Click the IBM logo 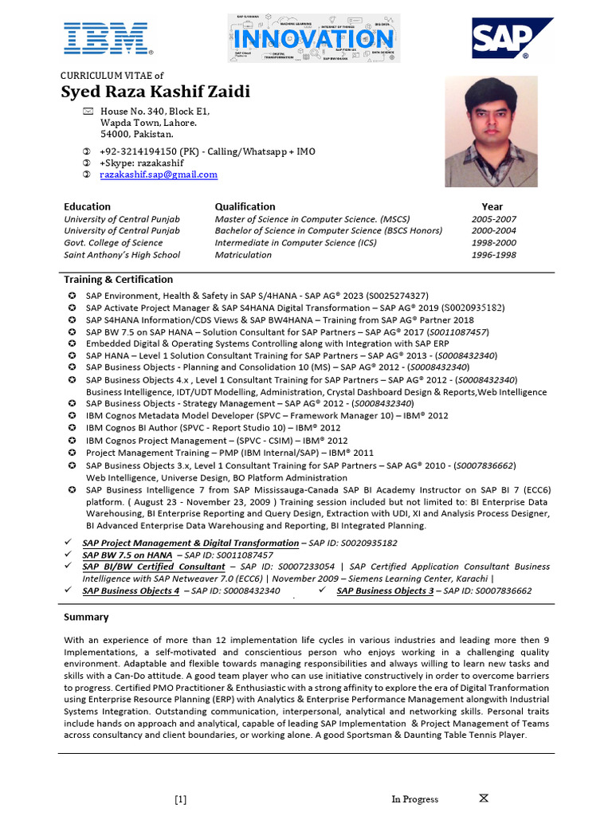pos(108,39)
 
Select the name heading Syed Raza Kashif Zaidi pos(155,92)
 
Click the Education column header pos(87,206)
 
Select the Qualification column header pos(245,206)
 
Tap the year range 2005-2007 pos(493,219)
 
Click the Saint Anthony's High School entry pos(122,255)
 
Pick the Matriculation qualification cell pos(243,255)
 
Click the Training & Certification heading pos(118,280)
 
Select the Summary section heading pos(86,617)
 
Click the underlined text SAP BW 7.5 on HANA pos(127,555)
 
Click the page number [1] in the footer pos(181,799)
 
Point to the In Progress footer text pos(414,799)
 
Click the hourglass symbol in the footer pos(484,798)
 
